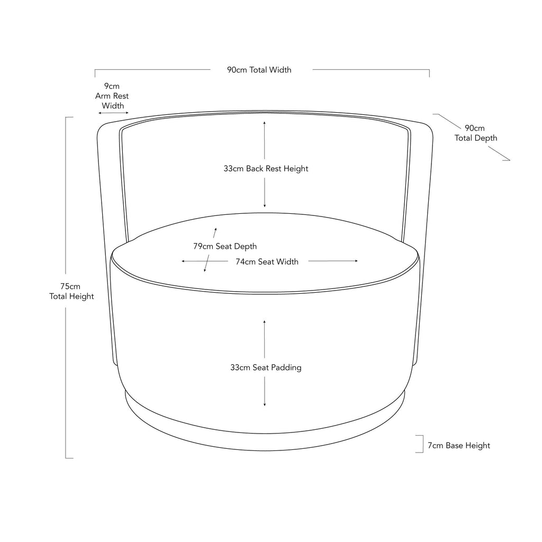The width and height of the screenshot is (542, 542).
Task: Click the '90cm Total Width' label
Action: click(x=259, y=70)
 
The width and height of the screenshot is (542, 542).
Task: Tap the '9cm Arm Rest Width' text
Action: click(x=112, y=96)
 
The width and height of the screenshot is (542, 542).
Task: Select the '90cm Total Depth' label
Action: click(x=476, y=133)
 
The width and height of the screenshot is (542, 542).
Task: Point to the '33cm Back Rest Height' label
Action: click(x=266, y=169)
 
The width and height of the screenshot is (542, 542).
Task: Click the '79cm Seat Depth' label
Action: click(x=225, y=246)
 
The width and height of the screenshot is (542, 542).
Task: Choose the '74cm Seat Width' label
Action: click(x=267, y=261)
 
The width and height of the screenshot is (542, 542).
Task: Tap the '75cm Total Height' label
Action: click(x=71, y=292)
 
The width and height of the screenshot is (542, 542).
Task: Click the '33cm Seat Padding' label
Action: click(x=266, y=367)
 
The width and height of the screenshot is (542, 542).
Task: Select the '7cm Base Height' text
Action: click(x=459, y=445)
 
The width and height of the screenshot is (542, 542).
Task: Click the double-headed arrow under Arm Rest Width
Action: click(x=113, y=113)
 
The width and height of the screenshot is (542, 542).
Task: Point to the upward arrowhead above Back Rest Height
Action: click(x=265, y=123)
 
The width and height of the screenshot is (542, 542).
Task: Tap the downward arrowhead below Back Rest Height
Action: click(x=265, y=206)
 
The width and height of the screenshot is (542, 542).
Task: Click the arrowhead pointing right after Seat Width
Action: click(x=356, y=261)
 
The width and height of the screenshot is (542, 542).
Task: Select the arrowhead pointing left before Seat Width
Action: click(x=184, y=261)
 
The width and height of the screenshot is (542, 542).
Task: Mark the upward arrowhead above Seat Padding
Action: click(x=265, y=322)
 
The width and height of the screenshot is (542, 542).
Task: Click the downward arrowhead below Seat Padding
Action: click(x=265, y=404)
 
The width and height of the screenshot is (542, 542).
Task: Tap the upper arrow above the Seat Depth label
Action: click(x=215, y=233)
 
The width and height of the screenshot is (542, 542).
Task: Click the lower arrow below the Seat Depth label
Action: click(x=207, y=264)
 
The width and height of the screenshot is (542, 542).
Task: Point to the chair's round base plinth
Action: click(x=265, y=442)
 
